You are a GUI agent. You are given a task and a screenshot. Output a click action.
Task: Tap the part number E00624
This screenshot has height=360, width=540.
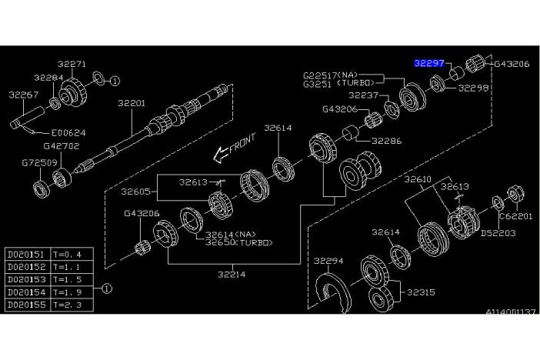69,132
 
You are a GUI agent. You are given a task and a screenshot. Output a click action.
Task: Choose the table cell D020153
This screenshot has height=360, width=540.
26,279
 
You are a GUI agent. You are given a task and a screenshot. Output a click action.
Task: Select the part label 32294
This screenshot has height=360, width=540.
328,260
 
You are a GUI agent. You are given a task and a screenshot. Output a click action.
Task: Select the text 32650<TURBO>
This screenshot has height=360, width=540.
239,242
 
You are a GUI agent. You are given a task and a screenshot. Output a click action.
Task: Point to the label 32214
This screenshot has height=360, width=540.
232,272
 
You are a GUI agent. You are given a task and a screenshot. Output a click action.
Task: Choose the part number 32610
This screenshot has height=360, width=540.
420,179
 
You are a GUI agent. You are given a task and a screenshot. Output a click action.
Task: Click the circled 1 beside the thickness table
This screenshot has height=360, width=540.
106,289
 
